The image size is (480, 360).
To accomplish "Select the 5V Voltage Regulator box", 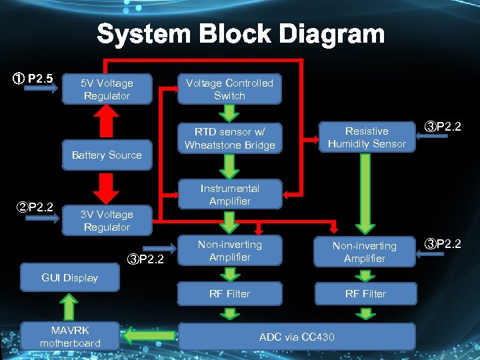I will (107, 89).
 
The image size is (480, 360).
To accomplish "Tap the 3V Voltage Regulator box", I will (107, 221).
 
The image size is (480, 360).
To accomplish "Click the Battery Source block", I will (107, 155).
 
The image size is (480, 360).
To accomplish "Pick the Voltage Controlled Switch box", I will (229, 89).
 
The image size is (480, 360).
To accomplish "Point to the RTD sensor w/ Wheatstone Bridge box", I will (229, 138).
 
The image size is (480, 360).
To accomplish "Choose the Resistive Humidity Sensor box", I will (367, 137).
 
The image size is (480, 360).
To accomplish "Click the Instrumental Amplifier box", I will (229, 195).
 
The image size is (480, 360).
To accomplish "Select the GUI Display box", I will (70, 278).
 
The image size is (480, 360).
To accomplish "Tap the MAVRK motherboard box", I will (70, 337).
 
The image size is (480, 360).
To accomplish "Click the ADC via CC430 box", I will (297, 337).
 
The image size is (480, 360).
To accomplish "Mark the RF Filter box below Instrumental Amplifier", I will (229, 293).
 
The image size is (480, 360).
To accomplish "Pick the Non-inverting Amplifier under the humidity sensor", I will (365, 252).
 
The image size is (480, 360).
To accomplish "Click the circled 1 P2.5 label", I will (34, 79).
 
